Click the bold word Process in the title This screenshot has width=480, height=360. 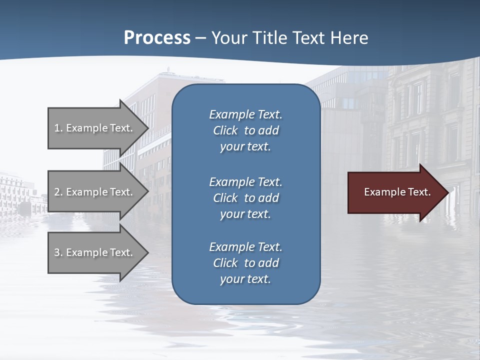point(157,38)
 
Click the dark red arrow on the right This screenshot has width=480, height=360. point(395,192)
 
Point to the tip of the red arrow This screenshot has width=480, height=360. point(447,192)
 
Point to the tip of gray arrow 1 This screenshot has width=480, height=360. point(148,128)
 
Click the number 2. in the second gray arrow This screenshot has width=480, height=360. point(58,192)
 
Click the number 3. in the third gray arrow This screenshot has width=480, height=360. point(58,252)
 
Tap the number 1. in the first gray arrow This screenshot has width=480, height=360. point(58,128)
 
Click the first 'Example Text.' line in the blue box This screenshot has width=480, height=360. point(245,114)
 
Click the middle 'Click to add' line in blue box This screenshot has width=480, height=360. point(245,198)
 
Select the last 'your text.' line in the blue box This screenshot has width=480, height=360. point(245,279)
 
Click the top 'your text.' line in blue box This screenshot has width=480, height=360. point(245,146)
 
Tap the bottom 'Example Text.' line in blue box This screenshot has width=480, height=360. point(245,247)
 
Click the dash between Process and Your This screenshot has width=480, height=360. point(201,38)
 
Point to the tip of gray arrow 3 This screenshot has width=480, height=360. point(148,252)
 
